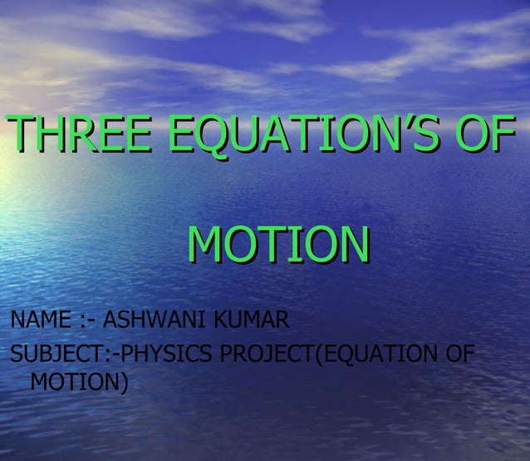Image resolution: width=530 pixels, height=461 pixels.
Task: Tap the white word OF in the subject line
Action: coord(458,355)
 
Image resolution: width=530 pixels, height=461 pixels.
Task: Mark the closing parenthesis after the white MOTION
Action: coord(123,383)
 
